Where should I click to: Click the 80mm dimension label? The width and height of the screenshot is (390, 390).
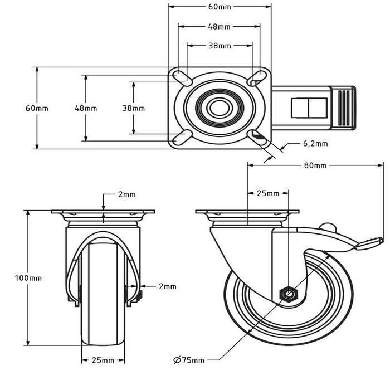pyautogui.click(x=315, y=165)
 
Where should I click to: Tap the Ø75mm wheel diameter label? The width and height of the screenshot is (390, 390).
pyautogui.click(x=188, y=360)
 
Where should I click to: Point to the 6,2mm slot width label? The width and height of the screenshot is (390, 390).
pyautogui.click(x=315, y=143)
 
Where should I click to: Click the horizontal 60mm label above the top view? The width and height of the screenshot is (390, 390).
pyautogui.click(x=220, y=7)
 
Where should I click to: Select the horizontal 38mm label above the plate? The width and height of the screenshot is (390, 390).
pyautogui.click(x=220, y=46)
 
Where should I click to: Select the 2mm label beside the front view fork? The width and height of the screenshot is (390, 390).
pyautogui.click(x=167, y=286)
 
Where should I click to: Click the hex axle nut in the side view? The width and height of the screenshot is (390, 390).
pyautogui.click(x=288, y=294)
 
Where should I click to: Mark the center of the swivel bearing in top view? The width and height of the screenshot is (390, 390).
pyautogui.click(x=219, y=108)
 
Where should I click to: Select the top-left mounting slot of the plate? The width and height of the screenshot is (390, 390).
pyautogui.click(x=182, y=78)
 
